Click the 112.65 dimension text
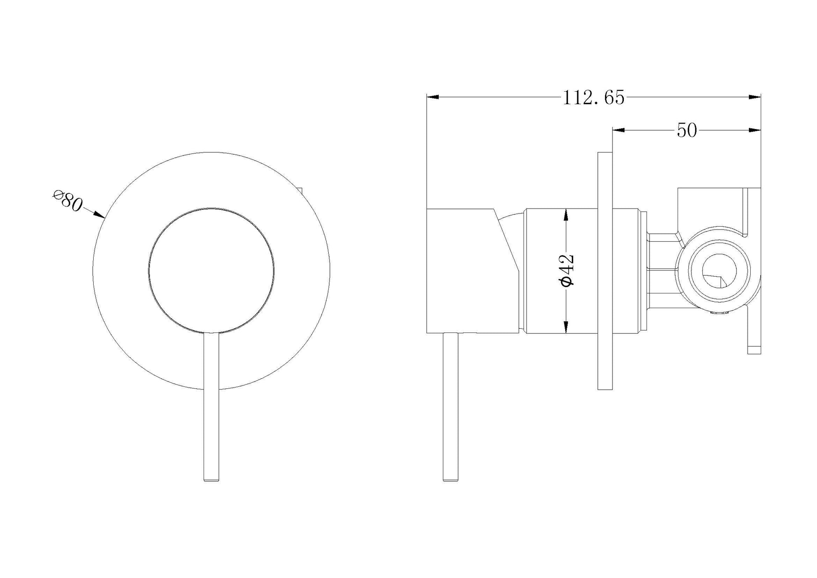click(x=593, y=98)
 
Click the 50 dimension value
click(x=686, y=131)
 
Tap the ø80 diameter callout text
click(x=67, y=201)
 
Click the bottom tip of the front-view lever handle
click(x=211, y=480)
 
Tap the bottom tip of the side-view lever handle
click(x=450, y=480)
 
